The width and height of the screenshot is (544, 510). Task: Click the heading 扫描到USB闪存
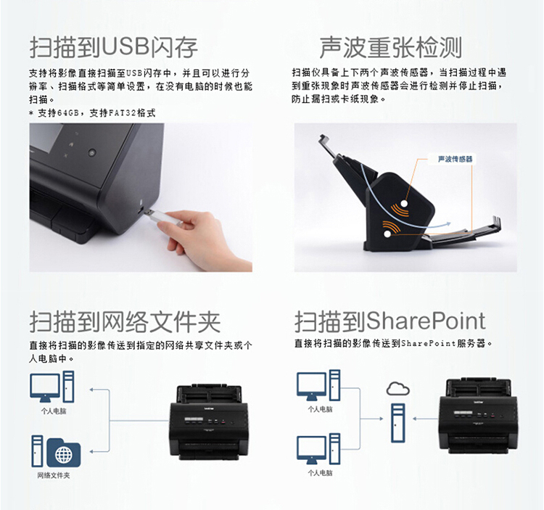pos(114,47)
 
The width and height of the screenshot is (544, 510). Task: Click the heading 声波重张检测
pos(391,47)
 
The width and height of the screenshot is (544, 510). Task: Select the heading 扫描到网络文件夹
pos(125,321)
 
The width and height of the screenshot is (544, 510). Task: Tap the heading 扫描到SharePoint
pos(390,321)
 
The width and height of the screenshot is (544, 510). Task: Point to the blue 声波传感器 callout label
pos(455,159)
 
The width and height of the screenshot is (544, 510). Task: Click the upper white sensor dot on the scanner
pos(404,203)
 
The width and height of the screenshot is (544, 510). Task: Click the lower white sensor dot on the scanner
pos(387,234)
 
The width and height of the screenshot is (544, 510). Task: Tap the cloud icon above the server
pos(398,389)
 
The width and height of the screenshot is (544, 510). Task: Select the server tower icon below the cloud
pos(398,422)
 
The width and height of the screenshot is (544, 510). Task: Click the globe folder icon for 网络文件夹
pos(64,453)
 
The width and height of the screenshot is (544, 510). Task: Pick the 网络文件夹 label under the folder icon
pos(54,475)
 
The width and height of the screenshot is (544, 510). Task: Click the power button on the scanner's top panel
pos(91,152)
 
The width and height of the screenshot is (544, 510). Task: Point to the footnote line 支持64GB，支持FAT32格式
pos(92,112)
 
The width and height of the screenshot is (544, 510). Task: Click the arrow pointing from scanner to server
pos(426,419)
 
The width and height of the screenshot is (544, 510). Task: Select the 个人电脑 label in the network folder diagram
pos(54,411)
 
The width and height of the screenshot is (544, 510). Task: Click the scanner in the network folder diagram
pos(209,422)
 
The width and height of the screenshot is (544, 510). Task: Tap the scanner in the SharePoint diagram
pos(479,416)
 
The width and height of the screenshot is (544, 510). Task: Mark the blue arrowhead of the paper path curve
pos(448,224)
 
